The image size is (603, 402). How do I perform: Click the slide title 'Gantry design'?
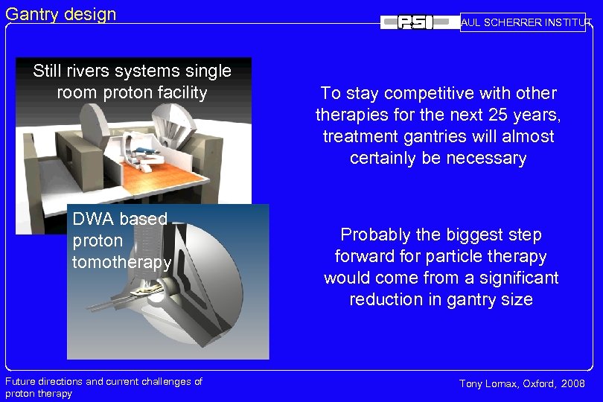coord(61,13)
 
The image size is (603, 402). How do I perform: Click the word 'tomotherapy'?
coord(122,262)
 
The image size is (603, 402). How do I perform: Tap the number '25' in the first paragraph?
coord(482,115)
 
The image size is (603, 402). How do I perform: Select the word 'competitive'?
coord(421,93)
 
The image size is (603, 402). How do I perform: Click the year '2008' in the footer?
coord(572,383)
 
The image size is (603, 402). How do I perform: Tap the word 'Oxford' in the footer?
coord(538,383)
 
